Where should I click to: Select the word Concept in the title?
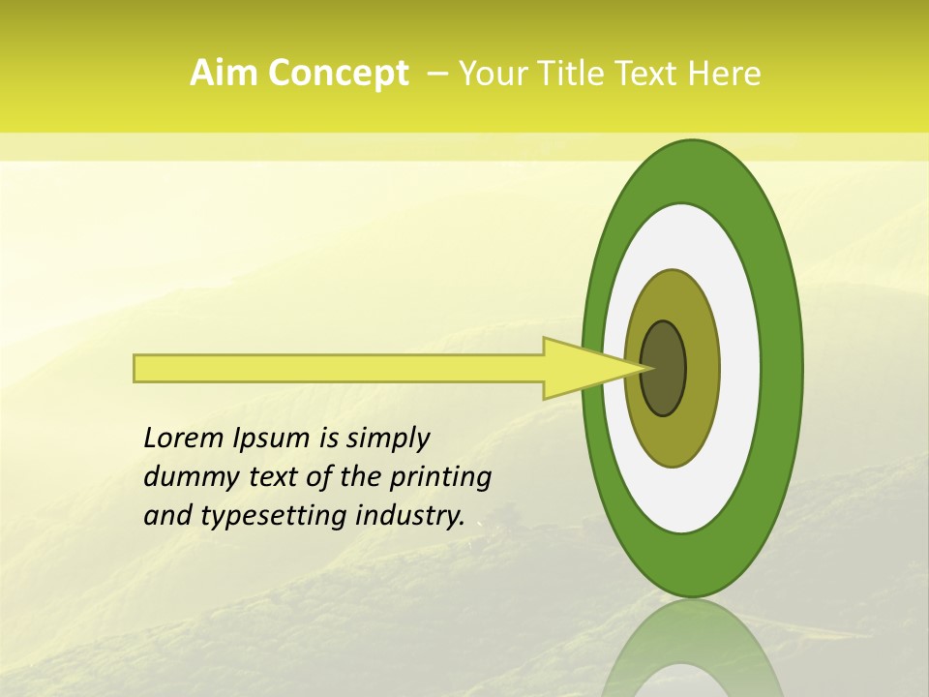pyautogui.click(x=338, y=74)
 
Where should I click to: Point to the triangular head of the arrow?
pyautogui.click(x=581, y=368)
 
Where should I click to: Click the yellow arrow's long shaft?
pyautogui.click(x=339, y=368)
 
